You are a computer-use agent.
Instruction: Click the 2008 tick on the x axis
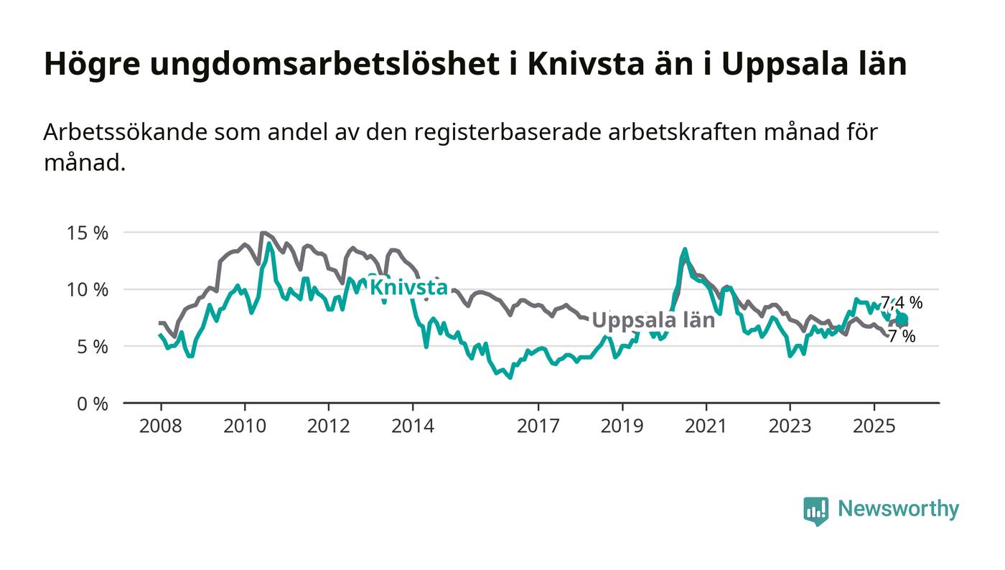[x=160, y=426]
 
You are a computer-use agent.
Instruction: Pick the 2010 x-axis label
[x=244, y=426]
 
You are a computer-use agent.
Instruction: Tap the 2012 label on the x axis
[x=328, y=426]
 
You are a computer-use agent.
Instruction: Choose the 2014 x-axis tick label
[x=412, y=426]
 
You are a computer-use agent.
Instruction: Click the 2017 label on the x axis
[x=538, y=426]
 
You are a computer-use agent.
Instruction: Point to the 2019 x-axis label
[x=622, y=426]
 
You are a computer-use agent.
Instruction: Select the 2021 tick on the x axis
[x=706, y=426]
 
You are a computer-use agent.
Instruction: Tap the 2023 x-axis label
[x=790, y=426]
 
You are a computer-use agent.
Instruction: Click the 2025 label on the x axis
[x=874, y=426]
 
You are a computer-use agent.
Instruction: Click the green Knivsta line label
[x=408, y=287]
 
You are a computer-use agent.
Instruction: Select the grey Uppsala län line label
[x=653, y=320]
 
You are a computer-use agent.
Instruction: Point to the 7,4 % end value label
[x=902, y=303]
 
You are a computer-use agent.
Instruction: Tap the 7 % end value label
[x=902, y=336]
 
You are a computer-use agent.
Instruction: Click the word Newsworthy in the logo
[x=898, y=509]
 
